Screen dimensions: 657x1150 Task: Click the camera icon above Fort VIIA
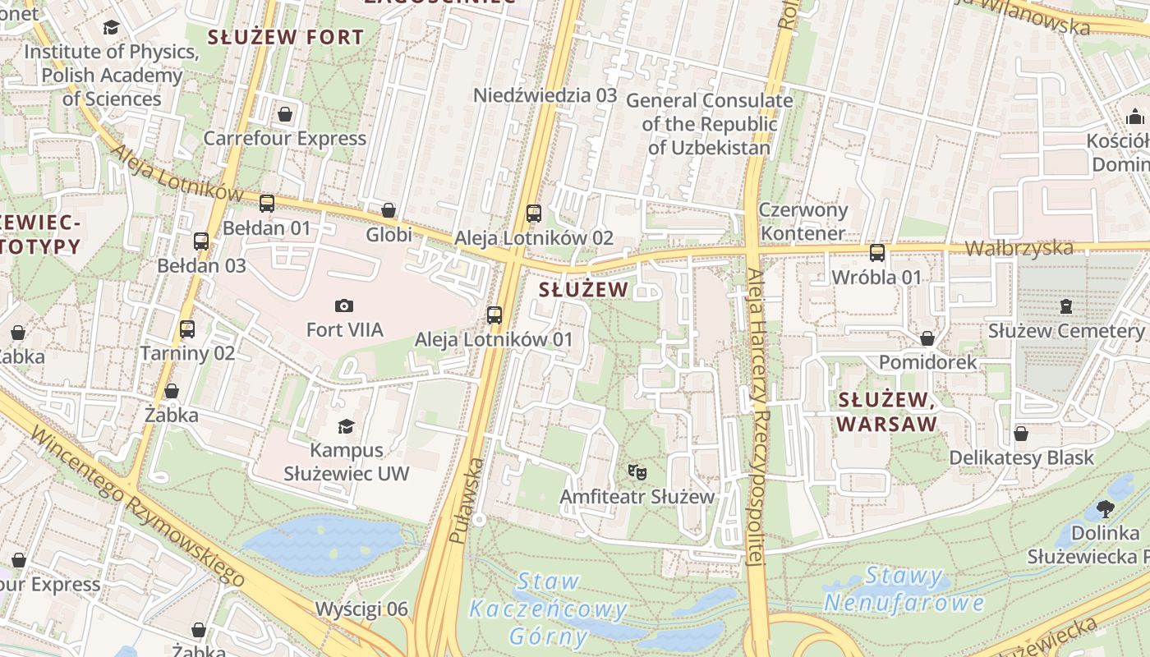tap(344, 306)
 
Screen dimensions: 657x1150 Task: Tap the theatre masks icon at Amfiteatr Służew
tap(637, 472)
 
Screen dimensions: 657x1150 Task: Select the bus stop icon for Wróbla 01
tap(877, 253)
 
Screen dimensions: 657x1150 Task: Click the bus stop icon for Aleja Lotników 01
tap(494, 315)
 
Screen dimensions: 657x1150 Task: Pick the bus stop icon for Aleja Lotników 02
tap(534, 214)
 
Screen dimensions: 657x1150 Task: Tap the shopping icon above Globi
tap(389, 211)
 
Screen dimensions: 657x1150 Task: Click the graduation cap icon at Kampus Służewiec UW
tap(346, 426)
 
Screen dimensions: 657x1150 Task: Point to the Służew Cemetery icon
tap(1066, 306)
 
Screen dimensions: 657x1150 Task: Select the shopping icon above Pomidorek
tap(927, 338)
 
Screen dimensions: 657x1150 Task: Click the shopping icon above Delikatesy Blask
tap(1021, 434)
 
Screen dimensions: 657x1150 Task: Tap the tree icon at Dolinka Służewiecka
tap(1105, 509)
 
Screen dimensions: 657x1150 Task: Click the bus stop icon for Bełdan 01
tap(267, 204)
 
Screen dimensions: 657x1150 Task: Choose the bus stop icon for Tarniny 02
tap(187, 329)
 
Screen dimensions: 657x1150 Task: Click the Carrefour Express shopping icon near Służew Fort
tap(284, 114)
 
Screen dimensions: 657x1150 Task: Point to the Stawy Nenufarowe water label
tap(904, 590)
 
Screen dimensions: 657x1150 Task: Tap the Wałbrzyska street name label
tap(1019, 248)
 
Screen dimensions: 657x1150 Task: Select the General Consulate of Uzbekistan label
tap(710, 124)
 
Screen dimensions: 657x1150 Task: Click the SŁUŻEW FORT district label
tap(285, 37)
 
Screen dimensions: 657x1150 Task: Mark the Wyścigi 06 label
tap(361, 609)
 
